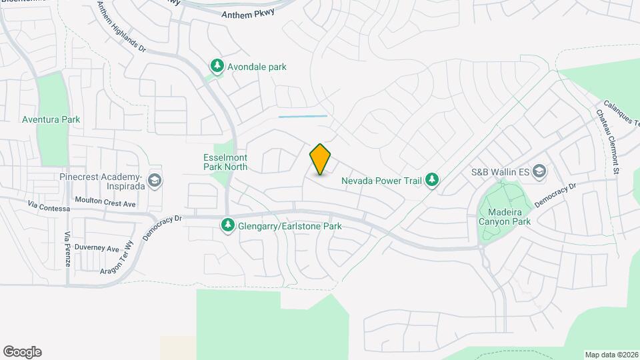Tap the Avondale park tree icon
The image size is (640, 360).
pyautogui.click(x=217, y=66)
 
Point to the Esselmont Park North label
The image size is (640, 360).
pyautogui.click(x=225, y=162)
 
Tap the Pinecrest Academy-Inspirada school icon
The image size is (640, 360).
pyautogui.click(x=155, y=181)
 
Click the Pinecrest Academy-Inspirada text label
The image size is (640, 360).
pyautogui.click(x=101, y=181)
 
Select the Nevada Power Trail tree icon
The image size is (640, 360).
pyautogui.click(x=433, y=179)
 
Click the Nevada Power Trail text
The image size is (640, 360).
pyautogui.click(x=381, y=180)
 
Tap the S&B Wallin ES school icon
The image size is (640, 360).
pyautogui.click(x=539, y=171)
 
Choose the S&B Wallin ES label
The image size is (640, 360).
pyautogui.click(x=500, y=172)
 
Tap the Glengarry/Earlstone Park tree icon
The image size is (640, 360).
pyautogui.click(x=228, y=226)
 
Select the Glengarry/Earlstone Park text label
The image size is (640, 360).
pyautogui.click(x=290, y=227)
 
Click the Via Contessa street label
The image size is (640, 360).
pyautogui.click(x=49, y=207)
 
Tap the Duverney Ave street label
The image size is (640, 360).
pyautogui.click(x=96, y=248)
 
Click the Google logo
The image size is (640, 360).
pyautogui.click(x=22, y=351)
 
